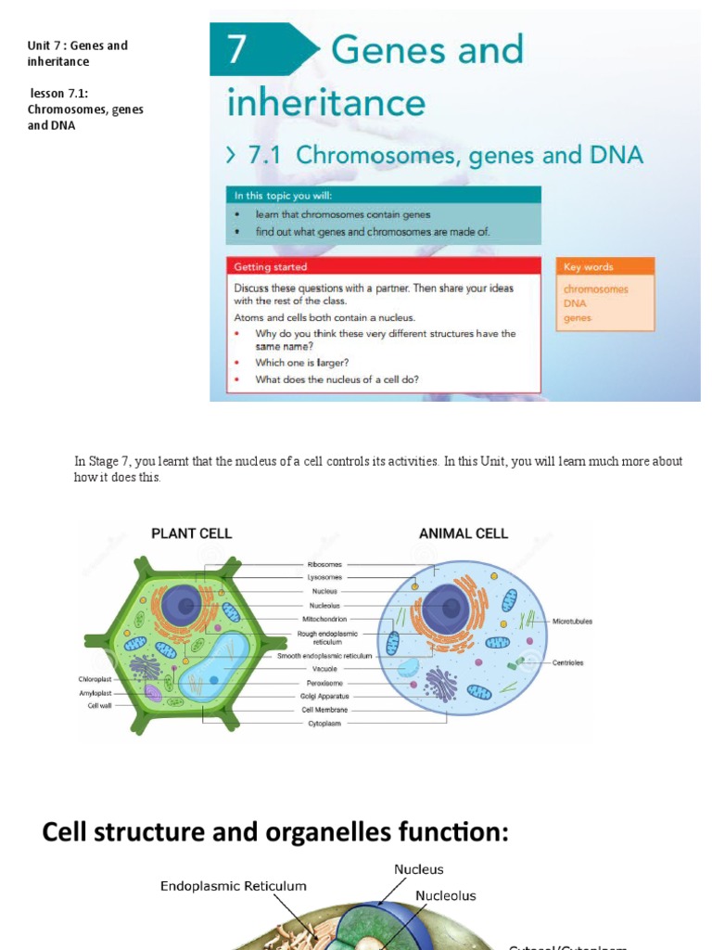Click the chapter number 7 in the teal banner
(x=237, y=49)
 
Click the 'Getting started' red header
(x=271, y=267)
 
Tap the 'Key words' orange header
(x=588, y=267)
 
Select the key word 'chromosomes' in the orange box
(x=595, y=289)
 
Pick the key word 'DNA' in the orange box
(x=575, y=303)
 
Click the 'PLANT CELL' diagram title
(x=191, y=533)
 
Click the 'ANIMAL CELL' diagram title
(x=464, y=533)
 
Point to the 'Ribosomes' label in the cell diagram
(x=324, y=564)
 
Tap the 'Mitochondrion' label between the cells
(x=324, y=619)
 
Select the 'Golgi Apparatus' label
(x=324, y=696)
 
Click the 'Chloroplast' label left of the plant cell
(x=95, y=679)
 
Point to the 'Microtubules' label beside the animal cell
(x=572, y=621)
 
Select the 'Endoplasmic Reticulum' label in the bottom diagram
(x=233, y=886)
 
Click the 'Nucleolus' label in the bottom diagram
(x=445, y=896)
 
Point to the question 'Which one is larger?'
(x=302, y=363)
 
